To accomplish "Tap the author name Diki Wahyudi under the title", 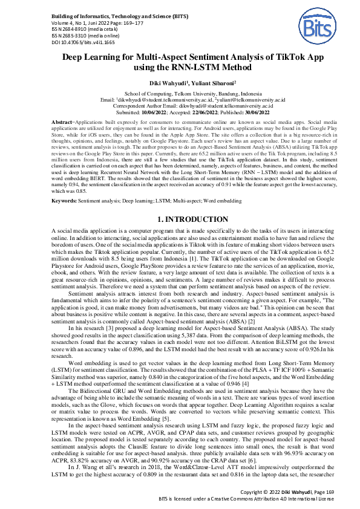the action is tap(157, 83).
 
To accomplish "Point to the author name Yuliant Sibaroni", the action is tap(202, 83).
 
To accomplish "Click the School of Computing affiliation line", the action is tap(180, 94).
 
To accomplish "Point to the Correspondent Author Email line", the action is tap(180, 106).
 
